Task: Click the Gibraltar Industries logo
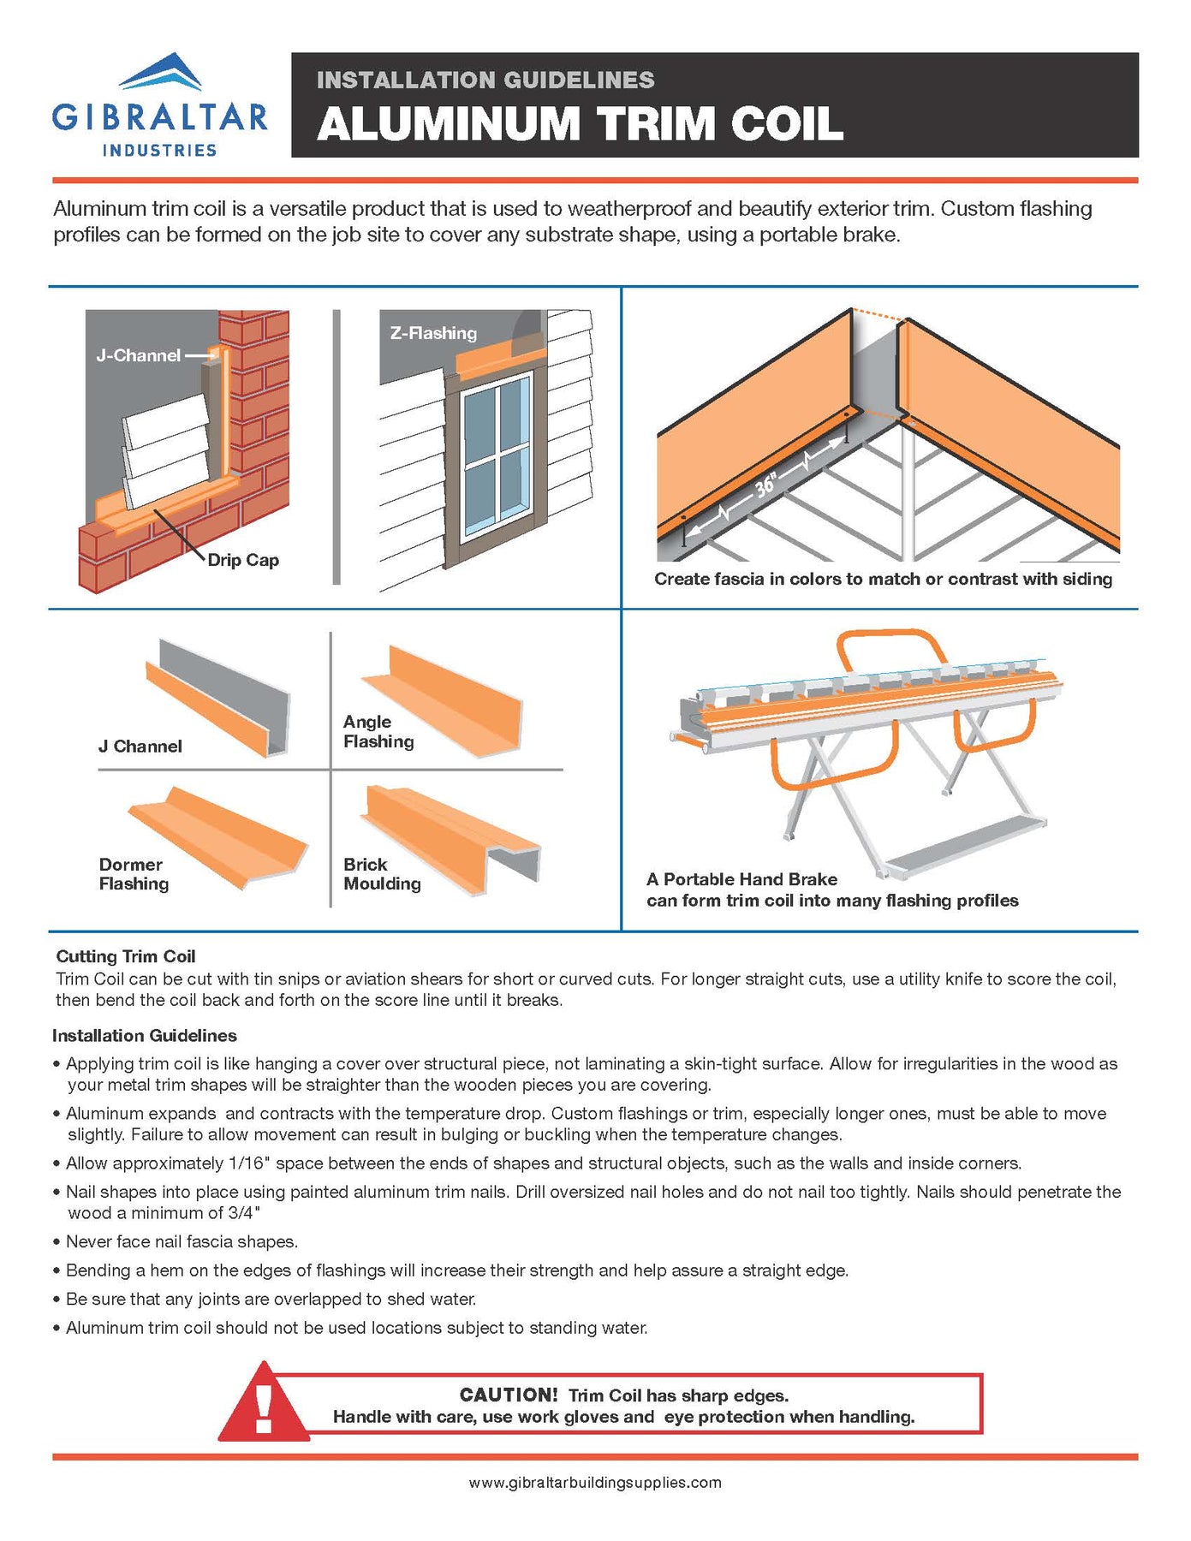pos(159,105)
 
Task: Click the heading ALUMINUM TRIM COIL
pos(580,123)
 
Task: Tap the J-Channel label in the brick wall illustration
pos(139,355)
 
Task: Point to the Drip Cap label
pos(243,560)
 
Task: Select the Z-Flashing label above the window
pos(433,333)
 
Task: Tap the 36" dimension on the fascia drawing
pos(765,485)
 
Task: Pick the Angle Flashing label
pos(378,732)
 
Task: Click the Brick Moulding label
pos(382,874)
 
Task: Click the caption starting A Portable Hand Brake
pos(831,889)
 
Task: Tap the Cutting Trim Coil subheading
pos(126,956)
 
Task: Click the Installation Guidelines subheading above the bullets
pos(144,1035)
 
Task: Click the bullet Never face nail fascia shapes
pos(182,1241)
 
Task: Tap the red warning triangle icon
pos(264,1405)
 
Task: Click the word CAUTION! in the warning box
pos(509,1395)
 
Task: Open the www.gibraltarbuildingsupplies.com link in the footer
pos(594,1482)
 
